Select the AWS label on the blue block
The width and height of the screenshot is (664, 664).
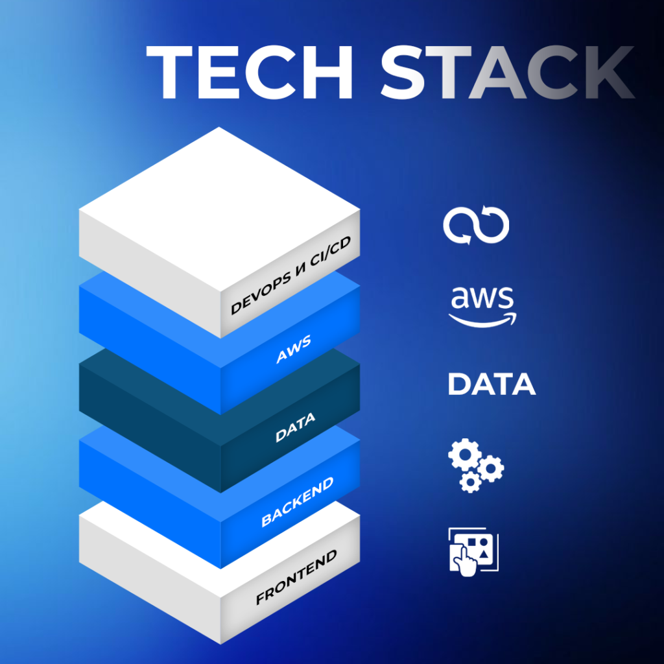tap(294, 349)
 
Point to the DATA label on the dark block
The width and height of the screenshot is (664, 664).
tap(295, 428)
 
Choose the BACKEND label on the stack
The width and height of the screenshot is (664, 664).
tap(298, 501)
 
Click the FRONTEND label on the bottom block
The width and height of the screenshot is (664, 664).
tap(296, 577)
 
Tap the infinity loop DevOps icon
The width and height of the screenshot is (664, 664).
tap(476, 226)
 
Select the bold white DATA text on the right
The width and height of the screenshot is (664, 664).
tap(492, 385)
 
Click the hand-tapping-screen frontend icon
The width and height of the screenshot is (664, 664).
tap(474, 550)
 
